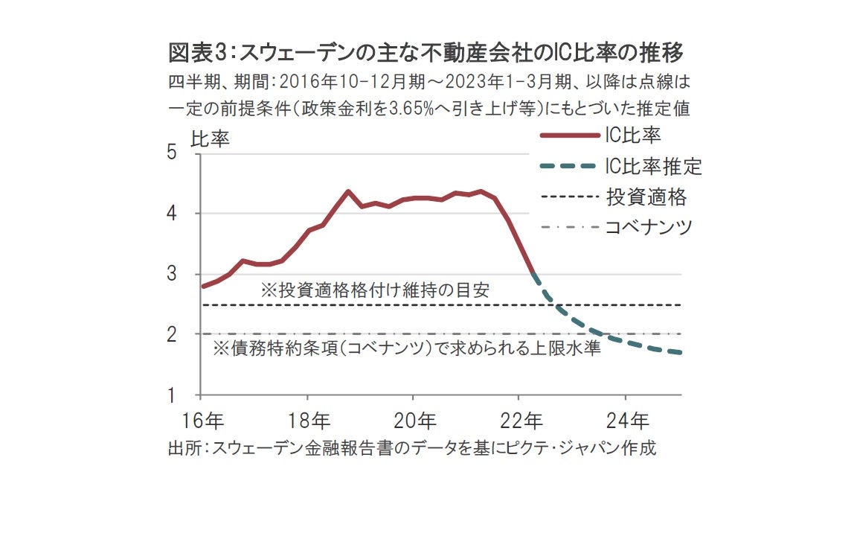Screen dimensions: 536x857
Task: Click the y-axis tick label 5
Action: [173, 153]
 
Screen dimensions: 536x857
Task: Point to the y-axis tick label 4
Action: [173, 214]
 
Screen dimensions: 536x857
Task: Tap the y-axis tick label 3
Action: [173, 274]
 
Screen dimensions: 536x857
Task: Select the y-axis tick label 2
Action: [173, 334]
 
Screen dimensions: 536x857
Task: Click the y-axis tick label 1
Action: [173, 395]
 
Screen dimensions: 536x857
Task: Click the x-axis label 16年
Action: [202, 421]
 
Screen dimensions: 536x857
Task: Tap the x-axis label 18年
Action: [308, 421]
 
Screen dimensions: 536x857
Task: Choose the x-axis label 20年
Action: [414, 421]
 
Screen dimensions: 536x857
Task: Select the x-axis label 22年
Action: [520, 421]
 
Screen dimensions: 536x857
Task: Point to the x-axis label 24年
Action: [626, 421]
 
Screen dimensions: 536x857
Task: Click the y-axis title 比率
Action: [211, 139]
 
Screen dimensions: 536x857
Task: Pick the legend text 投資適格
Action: [646, 197]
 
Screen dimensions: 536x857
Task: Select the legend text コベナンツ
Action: [649, 226]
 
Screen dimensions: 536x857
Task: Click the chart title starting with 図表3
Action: [426, 54]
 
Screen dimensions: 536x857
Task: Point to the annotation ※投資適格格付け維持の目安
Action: [375, 290]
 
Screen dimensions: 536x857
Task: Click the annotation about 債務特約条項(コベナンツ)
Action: [407, 348]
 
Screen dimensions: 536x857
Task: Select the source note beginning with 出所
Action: [413, 449]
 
